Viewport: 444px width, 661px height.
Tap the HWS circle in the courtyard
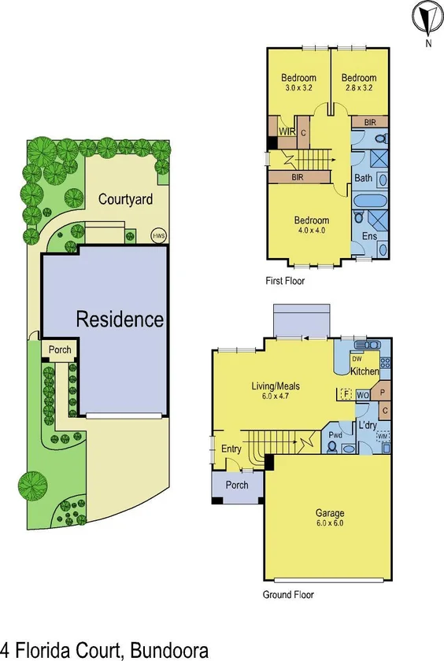pos(157,234)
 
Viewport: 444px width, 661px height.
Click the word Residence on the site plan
pos(120,319)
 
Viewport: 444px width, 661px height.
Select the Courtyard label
pos(124,199)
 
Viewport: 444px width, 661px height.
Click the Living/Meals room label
pos(275,390)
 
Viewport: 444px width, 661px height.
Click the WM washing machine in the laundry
pos(383,435)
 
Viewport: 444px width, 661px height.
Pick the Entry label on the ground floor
pos(231,449)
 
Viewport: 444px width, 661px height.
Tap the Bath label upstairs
pos(363,178)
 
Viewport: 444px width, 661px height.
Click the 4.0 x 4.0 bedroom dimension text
pos(311,231)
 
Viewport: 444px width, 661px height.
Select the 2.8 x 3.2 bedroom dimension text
pos(358,89)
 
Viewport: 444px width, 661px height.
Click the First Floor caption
pos(285,281)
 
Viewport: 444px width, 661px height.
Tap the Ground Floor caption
pos(288,595)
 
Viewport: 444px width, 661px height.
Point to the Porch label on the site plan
pos(60,350)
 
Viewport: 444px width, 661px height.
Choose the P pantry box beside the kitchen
pos(383,391)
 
